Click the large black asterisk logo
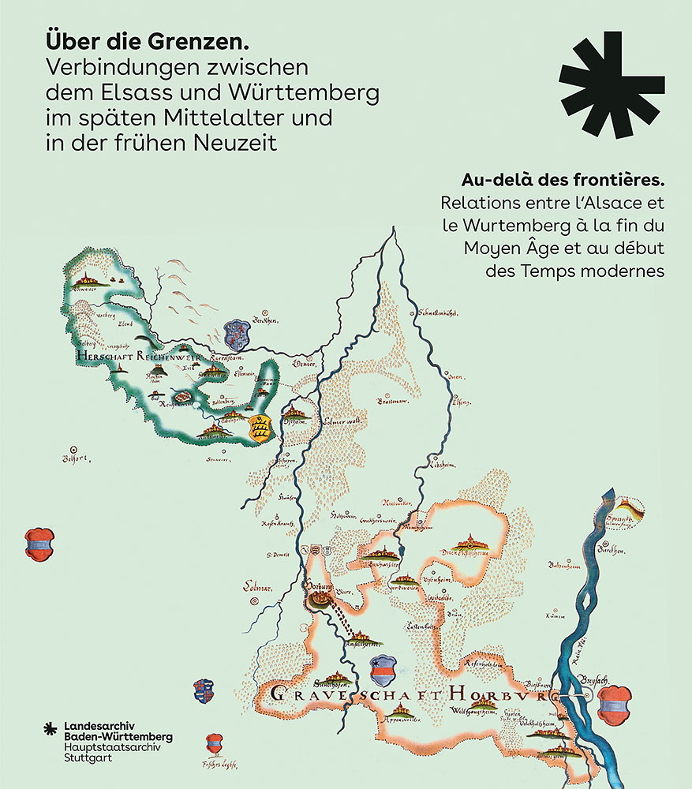(611, 84)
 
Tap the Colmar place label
(252, 589)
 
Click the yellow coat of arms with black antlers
(260, 428)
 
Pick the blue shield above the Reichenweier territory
(236, 333)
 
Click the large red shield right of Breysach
(613, 703)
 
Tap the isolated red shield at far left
(39, 544)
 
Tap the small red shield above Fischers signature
(214, 743)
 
